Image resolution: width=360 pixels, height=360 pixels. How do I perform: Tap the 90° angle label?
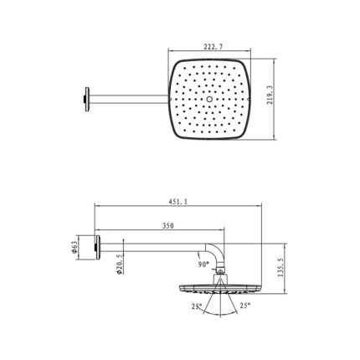tap(203, 264)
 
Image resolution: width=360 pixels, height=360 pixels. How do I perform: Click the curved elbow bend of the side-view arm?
tap(216, 249)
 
